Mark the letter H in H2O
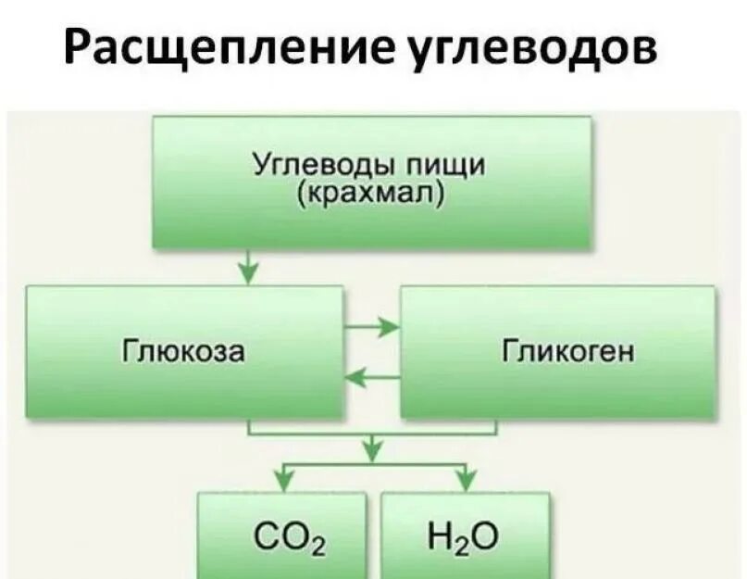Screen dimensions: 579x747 click(440, 537)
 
